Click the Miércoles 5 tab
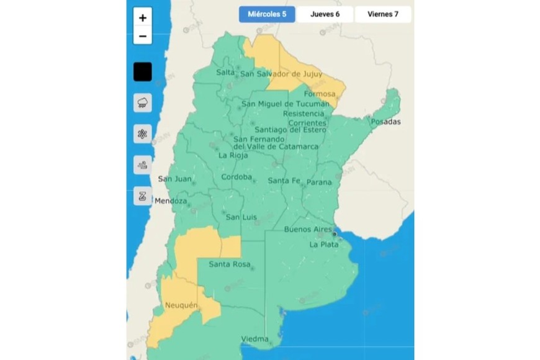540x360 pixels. pyautogui.click(x=267, y=14)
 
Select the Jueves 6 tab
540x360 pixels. pyautogui.click(x=325, y=14)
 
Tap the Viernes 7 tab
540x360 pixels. pyautogui.click(x=382, y=14)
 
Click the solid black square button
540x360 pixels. pyautogui.click(x=143, y=72)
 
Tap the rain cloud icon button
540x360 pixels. pyautogui.click(x=143, y=102)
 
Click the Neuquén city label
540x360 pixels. pyautogui.click(x=181, y=305)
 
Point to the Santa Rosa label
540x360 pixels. pyautogui.click(x=229, y=264)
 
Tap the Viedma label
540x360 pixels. pyautogui.click(x=255, y=340)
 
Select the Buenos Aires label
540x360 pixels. pyautogui.click(x=308, y=230)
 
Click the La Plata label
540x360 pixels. pyautogui.click(x=324, y=245)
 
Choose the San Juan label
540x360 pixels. pyautogui.click(x=174, y=179)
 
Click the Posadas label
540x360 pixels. pyautogui.click(x=385, y=122)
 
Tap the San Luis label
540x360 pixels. pyautogui.click(x=241, y=217)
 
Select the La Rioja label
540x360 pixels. pyautogui.click(x=234, y=155)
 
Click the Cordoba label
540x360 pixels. pyautogui.click(x=236, y=178)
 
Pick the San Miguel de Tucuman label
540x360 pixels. pyautogui.click(x=286, y=104)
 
